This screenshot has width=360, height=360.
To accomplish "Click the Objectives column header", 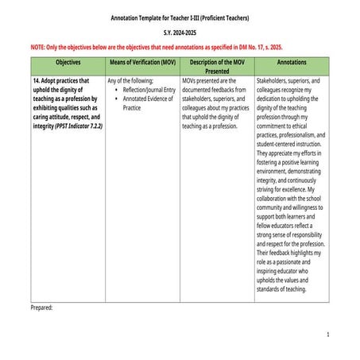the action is click(x=68, y=61).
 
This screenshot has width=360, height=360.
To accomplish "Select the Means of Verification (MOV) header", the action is click(x=141, y=61).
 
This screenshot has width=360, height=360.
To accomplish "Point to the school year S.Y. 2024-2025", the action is click(x=179, y=34).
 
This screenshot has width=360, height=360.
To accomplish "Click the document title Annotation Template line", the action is click(x=179, y=17).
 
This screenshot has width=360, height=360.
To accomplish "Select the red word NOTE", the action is click(x=38, y=48).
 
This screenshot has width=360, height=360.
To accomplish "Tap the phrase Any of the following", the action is click(x=129, y=80).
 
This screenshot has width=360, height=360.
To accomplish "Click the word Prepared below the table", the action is click(x=41, y=307).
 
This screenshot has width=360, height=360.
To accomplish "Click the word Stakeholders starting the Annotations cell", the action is click(x=274, y=80).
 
